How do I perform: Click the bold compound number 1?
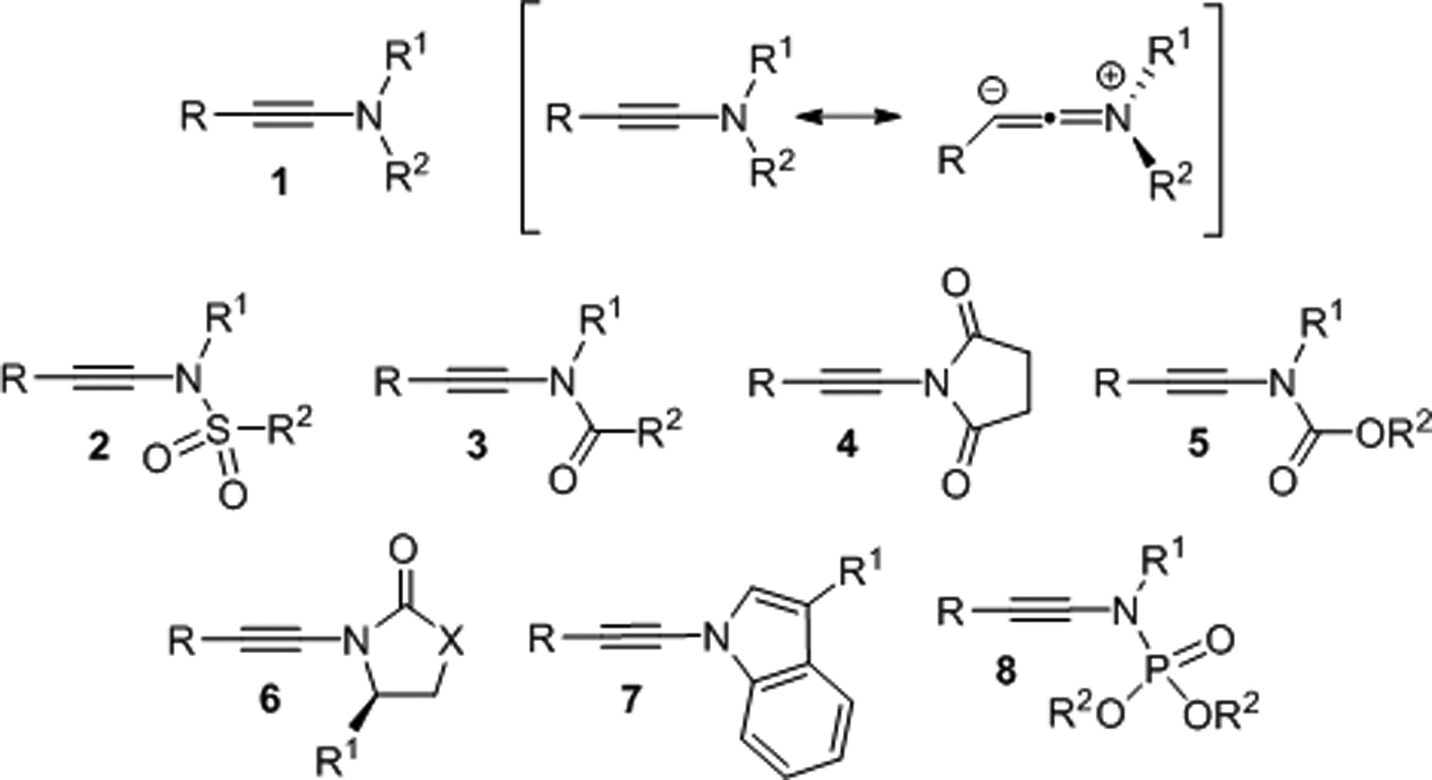280,182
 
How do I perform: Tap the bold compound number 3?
477,446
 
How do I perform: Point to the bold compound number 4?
848,444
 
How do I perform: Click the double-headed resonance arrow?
847,117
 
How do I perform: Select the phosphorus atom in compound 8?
1155,671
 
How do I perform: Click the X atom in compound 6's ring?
450,641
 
